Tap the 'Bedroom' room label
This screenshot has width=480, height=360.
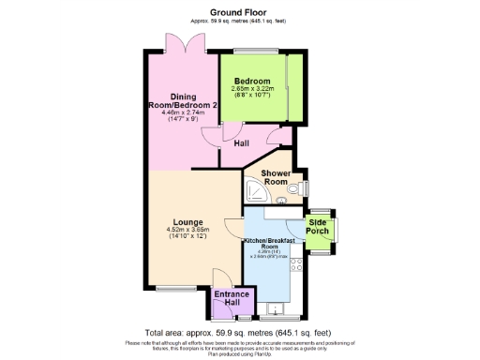point(252,82)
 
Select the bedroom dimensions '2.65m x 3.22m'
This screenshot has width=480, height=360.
point(253,91)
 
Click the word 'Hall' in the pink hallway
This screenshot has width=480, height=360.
point(241,143)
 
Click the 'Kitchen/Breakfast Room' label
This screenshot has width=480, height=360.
point(270,244)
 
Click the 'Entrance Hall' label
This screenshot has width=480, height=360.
point(226,299)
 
